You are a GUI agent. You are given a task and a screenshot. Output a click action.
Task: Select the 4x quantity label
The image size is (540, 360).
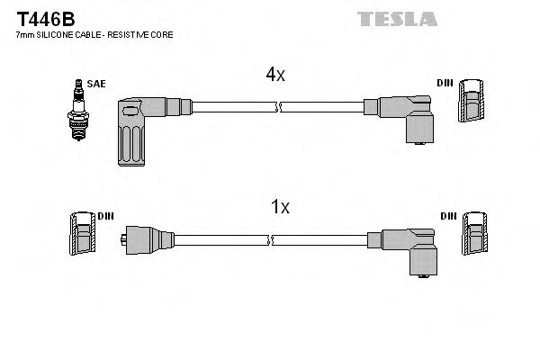pyautogui.click(x=275, y=76)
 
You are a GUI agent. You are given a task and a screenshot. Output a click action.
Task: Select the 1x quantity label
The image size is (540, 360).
pyautogui.click(x=280, y=207)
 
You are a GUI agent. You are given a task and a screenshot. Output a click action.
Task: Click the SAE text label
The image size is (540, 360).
pyautogui.click(x=96, y=84)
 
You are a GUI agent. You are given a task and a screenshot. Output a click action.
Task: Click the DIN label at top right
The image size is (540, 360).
pyautogui.click(x=445, y=84)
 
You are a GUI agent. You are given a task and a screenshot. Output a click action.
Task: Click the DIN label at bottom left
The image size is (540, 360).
pyautogui.click(x=104, y=217)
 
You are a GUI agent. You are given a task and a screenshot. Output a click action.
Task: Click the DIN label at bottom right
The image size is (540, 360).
pyautogui.click(x=448, y=217)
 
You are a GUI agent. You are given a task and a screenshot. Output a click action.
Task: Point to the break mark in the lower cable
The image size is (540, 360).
pyautogui.click(x=271, y=240)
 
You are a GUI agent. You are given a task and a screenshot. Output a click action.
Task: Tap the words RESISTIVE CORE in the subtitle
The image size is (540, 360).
pyautogui.click(x=148, y=34)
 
